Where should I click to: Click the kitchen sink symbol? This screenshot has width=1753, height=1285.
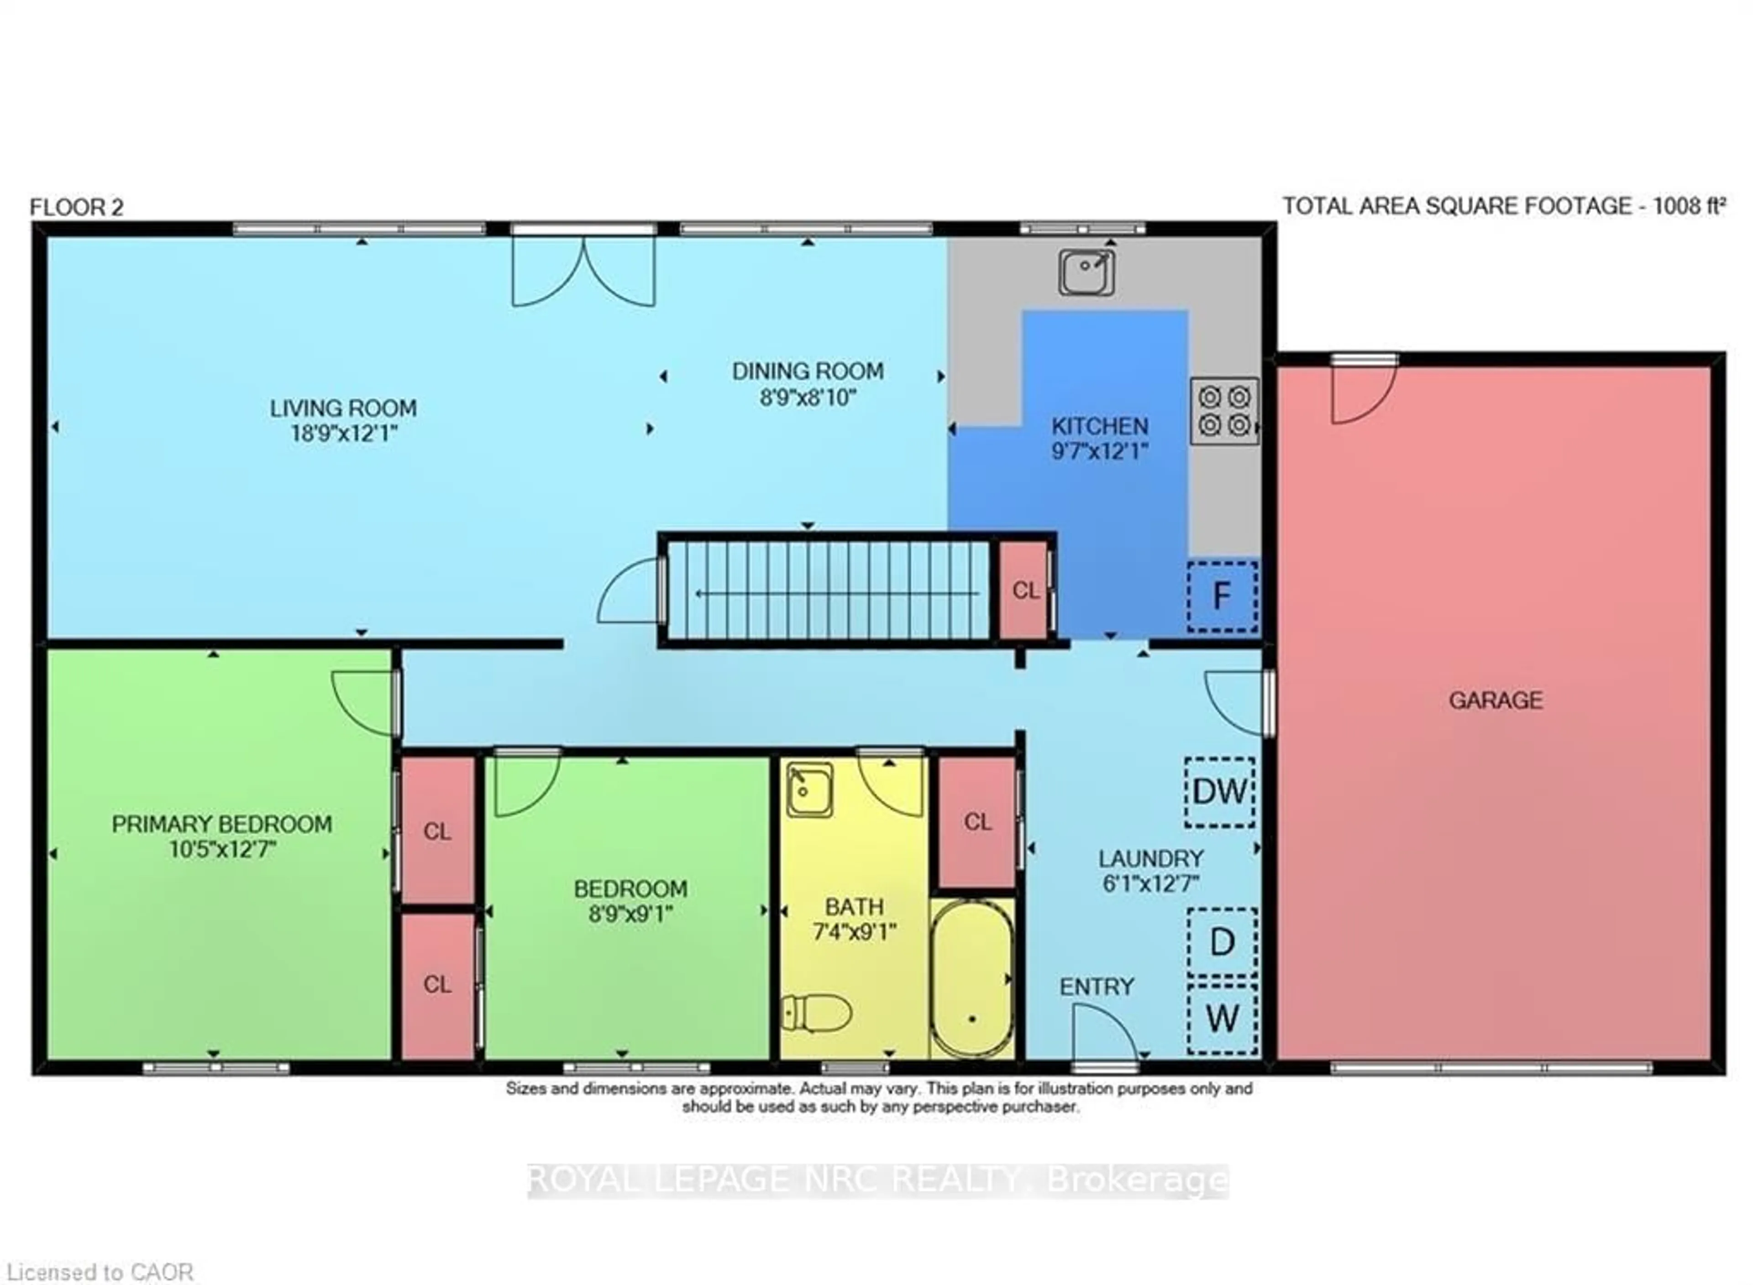(1086, 272)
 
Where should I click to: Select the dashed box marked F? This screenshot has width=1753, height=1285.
(1222, 596)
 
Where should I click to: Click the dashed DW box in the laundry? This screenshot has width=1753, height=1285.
(1219, 792)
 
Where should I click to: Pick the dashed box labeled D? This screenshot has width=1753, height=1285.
(1222, 942)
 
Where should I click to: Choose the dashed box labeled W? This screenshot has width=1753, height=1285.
(1222, 1018)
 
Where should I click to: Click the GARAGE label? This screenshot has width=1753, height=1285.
(1495, 700)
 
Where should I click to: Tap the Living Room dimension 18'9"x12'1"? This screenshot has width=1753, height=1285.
(343, 433)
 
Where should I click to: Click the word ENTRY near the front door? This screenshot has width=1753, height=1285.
(1096, 987)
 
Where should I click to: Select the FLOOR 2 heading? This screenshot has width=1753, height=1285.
(76, 208)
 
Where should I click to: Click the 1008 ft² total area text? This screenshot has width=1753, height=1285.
(1689, 206)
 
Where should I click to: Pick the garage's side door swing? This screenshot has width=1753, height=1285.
(1362, 393)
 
